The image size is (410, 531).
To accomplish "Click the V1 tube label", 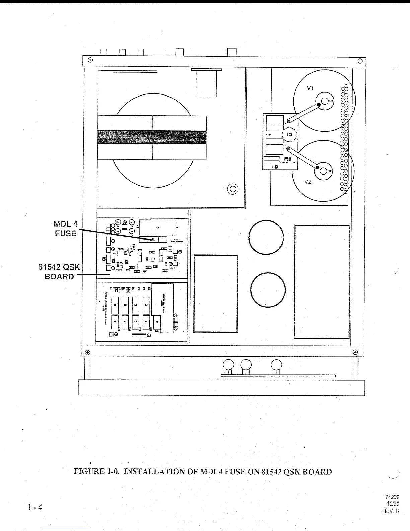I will tap(310, 88).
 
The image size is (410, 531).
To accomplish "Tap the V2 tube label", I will tap(308, 182).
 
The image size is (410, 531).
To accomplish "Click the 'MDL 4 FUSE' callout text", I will tap(66, 229).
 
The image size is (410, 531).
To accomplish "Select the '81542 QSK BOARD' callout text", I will tap(59, 272).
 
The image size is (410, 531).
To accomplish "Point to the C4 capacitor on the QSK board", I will tap(158, 227).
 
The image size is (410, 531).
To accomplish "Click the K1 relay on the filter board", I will tap(115, 321).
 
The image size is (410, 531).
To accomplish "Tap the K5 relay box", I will tap(157, 323).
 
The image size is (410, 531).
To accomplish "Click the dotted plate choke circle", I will tap(289, 135).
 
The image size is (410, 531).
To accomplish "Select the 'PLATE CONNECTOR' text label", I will tap(288, 161).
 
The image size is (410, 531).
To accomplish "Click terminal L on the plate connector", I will tap(276, 167).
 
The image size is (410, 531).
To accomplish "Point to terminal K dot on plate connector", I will tap(270, 135).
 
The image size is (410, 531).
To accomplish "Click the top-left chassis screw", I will tap(90, 60).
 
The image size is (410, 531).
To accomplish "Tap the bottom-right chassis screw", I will tap(355, 352).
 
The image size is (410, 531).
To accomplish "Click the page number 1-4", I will tap(35, 507).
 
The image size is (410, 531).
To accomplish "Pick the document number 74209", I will tap(392, 497).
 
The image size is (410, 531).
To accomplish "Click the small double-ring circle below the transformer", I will tap(233, 189).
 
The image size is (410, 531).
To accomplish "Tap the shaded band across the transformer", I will tap(152, 137).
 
